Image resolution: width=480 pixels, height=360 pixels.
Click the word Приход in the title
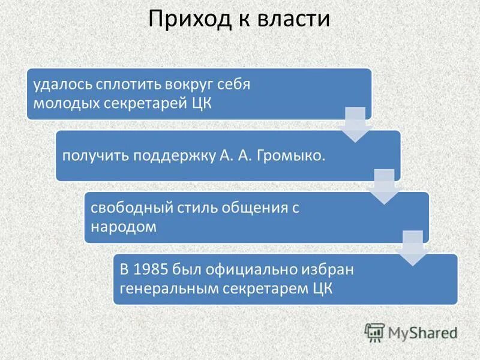coord(183,19)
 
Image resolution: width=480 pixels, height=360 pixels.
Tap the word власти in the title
coord(295,19)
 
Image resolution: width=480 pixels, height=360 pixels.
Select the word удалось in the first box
coord(57,85)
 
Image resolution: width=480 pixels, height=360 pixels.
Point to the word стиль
coord(192,208)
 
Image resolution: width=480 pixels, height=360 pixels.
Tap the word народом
coord(124,226)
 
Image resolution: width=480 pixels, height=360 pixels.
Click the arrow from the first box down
coord(355,124)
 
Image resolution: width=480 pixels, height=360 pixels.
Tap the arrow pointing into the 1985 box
coord(413,248)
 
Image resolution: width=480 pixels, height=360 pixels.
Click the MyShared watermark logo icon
coord(375,332)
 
